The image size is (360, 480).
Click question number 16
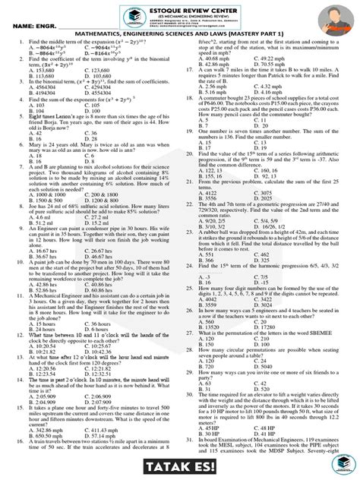[10, 443]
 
